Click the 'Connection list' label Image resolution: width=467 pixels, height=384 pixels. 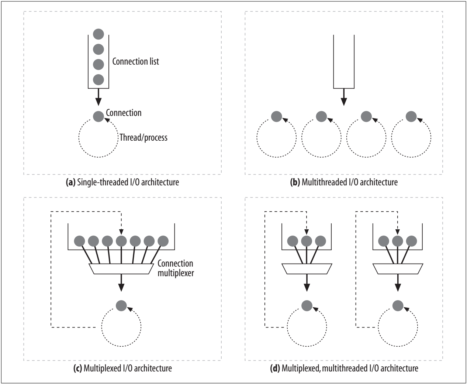135,62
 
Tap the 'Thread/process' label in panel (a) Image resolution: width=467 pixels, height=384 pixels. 143,138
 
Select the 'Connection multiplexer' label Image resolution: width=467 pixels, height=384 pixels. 175,269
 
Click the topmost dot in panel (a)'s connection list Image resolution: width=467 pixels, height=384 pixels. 98,34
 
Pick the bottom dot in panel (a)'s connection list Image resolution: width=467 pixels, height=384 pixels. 98,79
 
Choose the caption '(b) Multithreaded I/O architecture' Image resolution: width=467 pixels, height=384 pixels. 344,182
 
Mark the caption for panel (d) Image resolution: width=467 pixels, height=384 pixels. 344,368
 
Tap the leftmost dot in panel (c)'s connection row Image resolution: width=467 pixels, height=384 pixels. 80,241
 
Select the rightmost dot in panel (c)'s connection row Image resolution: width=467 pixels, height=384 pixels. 163,241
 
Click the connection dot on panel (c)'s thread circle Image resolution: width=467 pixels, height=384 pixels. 121,305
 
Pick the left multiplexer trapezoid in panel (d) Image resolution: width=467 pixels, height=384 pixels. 307,269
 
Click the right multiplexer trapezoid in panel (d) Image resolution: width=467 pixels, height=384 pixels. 398,269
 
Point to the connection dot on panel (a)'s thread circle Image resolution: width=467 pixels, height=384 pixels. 98,117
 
